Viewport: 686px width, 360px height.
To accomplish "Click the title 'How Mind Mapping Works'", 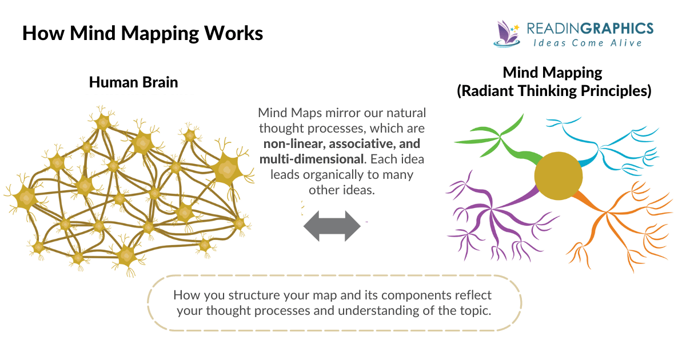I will [x=142, y=33].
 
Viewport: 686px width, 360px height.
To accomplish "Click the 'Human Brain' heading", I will [x=133, y=82].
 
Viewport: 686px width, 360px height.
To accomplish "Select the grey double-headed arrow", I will [x=332, y=227].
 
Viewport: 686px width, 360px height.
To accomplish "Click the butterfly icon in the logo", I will [x=506, y=33].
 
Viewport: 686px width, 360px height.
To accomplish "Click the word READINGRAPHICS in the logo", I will [x=589, y=28].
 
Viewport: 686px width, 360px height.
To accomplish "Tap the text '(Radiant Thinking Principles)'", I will [x=554, y=91].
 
